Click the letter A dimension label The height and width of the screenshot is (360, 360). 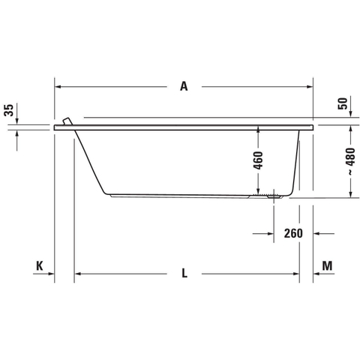coord(184,86)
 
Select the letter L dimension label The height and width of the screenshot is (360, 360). coord(184,273)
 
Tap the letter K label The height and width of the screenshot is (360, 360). coord(40,265)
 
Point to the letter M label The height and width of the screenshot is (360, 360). coord(327,265)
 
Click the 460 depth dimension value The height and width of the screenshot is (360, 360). coord(259,160)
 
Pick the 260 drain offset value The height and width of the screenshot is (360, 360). coord(293,233)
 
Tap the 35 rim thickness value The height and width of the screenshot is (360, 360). coord(9,110)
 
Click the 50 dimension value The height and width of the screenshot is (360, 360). coord(343,103)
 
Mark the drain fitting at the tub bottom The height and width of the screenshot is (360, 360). coord(274,196)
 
